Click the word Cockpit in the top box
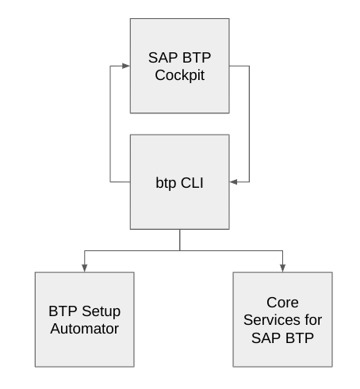180,75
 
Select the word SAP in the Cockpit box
163,58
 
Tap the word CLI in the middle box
192,183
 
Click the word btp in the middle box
166,183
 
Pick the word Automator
85,329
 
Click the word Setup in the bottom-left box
101,311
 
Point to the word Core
282,303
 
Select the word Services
272,320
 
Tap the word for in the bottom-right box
313,320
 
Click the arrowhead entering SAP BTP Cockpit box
126,66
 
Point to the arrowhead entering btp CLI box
233,181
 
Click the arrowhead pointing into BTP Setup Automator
85,268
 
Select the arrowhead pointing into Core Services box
282,268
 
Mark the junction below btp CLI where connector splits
180,250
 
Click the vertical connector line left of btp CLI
110,124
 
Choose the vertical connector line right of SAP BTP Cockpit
249,124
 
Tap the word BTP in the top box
197,58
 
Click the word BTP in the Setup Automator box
63,311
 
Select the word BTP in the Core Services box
300,338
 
